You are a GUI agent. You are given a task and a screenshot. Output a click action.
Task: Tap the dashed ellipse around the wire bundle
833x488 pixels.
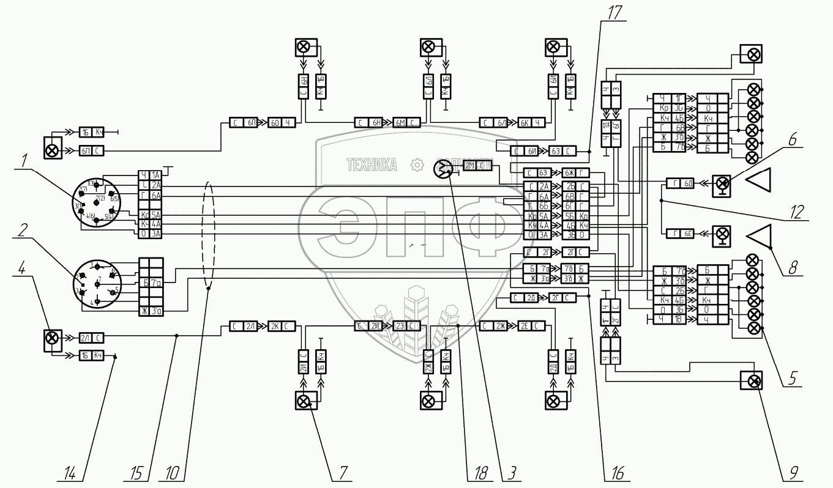pos(209,234)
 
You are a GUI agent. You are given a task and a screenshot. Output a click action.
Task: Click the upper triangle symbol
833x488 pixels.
pos(758,183)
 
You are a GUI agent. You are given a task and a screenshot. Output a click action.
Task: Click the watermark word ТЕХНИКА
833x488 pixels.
pos(372,165)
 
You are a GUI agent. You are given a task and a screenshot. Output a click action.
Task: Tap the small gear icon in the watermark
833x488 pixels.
pos(417,165)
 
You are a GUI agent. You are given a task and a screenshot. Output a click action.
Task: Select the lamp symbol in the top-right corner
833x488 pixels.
pos(750,54)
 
